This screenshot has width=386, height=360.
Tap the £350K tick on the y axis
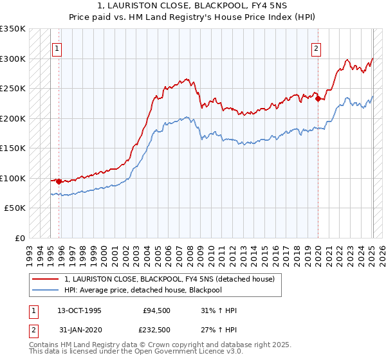click(13, 29)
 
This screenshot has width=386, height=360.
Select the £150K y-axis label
click(13, 148)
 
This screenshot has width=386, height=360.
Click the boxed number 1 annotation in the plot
click(58, 48)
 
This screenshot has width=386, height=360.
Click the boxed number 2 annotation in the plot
click(317, 48)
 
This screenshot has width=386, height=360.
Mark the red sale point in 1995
click(59, 181)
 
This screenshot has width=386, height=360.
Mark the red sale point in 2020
click(318, 98)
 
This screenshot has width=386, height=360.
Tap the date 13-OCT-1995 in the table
click(82, 310)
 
